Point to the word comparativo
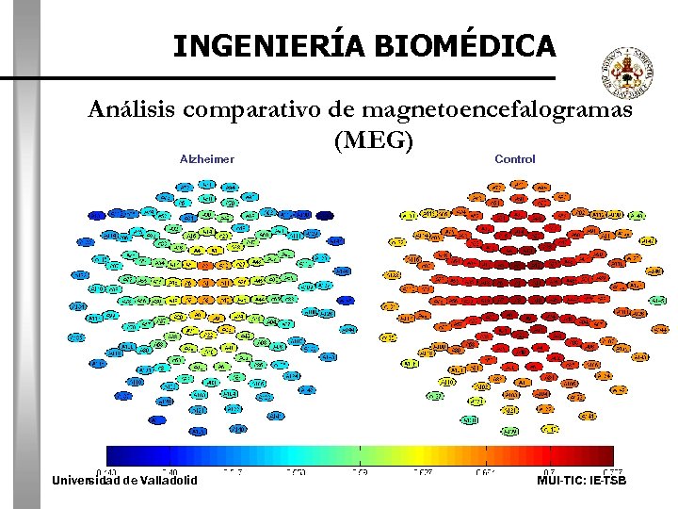coord(253,110)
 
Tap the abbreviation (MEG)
coord(373,140)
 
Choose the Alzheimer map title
coord(207,159)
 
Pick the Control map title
coord(514,159)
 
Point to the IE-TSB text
coord(607,481)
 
